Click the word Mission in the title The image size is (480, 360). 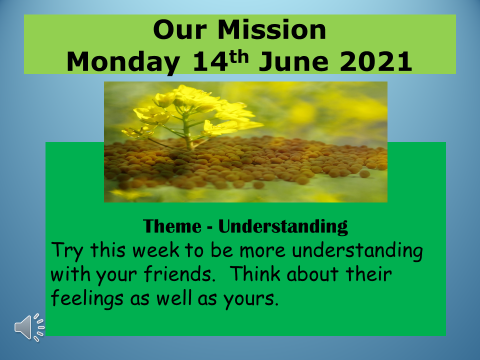click(x=272, y=30)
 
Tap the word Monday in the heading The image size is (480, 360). click(x=123, y=63)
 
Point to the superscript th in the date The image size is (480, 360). click(x=239, y=56)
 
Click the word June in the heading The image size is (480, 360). click(x=294, y=62)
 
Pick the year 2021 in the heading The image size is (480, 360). click(x=376, y=62)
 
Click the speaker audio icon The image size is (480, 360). click(x=29, y=327)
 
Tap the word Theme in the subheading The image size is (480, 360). click(x=172, y=226)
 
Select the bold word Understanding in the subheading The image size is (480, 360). click(x=283, y=227)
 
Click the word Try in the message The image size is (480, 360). click(x=67, y=251)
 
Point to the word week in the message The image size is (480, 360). click(x=156, y=250)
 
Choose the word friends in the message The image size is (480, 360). click(x=179, y=274)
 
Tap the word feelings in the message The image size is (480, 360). click(x=87, y=298)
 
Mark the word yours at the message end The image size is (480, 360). click(x=251, y=299)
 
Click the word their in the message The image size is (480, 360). click(x=369, y=274)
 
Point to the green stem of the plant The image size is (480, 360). click(x=187, y=132)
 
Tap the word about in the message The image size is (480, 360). click(x=313, y=274)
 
